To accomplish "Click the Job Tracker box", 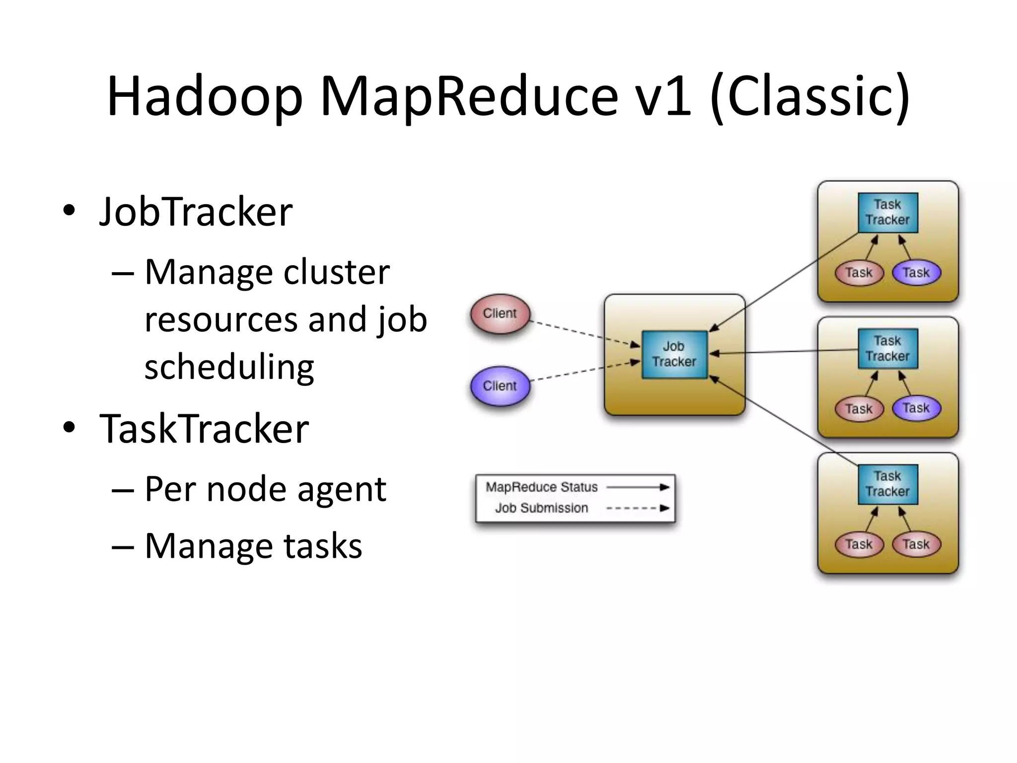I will [x=674, y=354].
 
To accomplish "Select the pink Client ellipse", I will [x=500, y=313].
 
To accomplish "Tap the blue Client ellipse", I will [x=500, y=386].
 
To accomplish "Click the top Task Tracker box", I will [x=887, y=212].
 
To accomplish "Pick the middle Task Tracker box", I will [x=887, y=348].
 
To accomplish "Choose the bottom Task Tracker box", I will [x=887, y=484].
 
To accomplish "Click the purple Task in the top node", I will [x=916, y=273].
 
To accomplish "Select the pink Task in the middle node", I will [x=859, y=409].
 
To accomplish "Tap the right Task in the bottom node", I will [x=916, y=544].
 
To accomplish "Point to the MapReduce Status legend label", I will [x=541, y=487].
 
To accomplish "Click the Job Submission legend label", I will [x=541, y=508].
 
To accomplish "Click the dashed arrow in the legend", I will [x=638, y=508].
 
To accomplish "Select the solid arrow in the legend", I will [x=638, y=487].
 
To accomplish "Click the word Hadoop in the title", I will [x=204, y=97].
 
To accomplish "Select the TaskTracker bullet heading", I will [x=204, y=429].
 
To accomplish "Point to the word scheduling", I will [x=229, y=367].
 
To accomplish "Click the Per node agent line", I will [x=265, y=489].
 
